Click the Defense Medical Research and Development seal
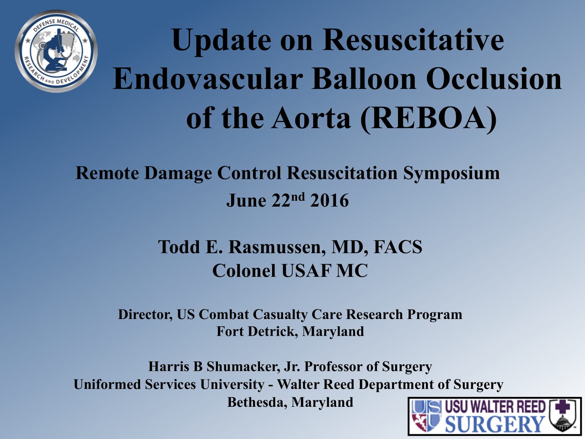(56, 51)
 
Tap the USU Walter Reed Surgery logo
(494, 416)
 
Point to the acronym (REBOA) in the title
(429, 119)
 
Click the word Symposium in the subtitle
(451, 173)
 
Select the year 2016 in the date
(329, 200)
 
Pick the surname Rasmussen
(277, 247)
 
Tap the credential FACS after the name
(398, 247)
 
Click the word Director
(145, 315)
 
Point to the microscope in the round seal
(55, 55)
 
